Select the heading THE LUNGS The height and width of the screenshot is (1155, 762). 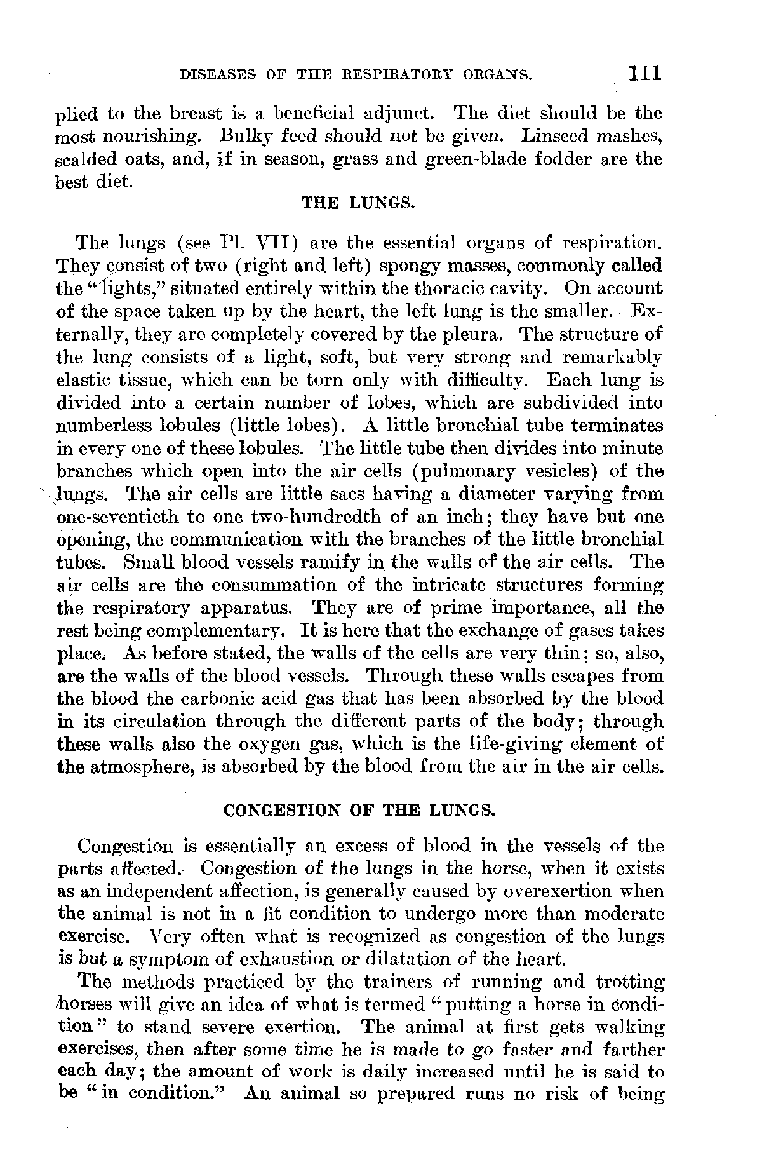click(x=358, y=203)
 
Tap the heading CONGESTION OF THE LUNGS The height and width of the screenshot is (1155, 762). click(x=360, y=811)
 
